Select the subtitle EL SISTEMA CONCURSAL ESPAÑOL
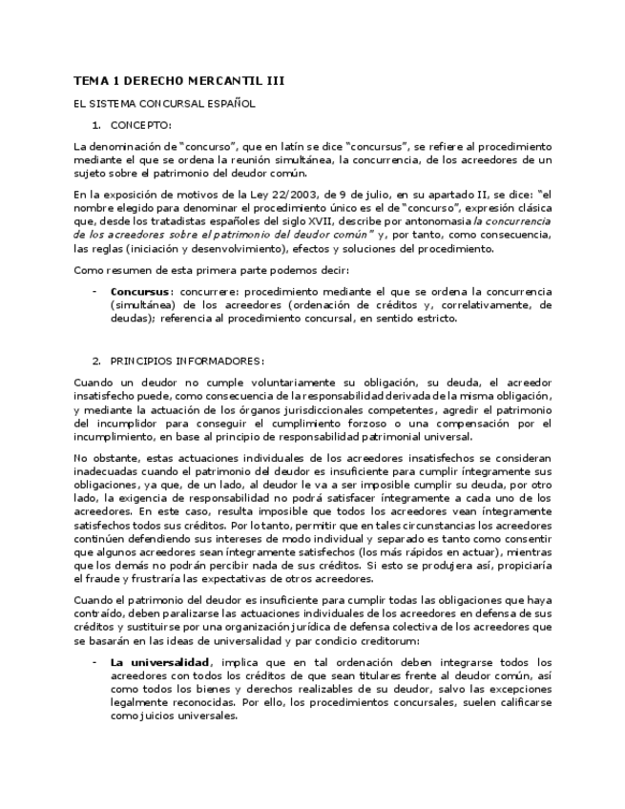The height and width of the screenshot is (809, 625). (164, 103)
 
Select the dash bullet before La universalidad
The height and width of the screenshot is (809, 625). (94, 661)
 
